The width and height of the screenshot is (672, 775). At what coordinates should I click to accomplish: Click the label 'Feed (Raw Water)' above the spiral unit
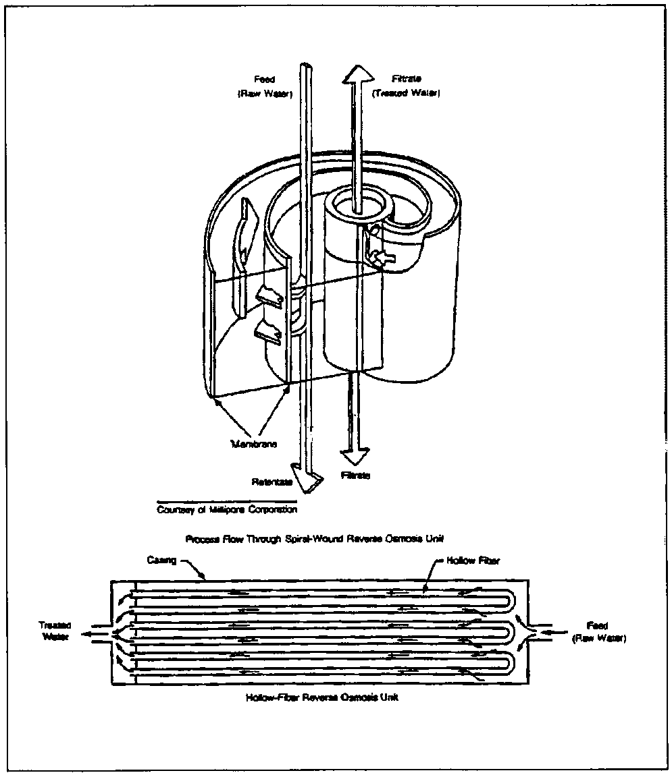tap(264, 86)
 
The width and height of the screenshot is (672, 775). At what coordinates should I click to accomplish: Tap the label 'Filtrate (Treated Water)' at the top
tap(405, 86)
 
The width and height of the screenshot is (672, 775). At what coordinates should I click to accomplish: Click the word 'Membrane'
tap(250, 444)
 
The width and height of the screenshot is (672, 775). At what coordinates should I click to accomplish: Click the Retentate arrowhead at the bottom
tap(305, 476)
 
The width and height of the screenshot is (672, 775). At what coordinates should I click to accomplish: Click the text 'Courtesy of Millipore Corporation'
tap(227, 509)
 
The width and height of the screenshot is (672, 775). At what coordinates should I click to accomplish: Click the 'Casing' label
tap(161, 561)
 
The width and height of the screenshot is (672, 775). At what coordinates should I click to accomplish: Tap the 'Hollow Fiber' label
tap(473, 561)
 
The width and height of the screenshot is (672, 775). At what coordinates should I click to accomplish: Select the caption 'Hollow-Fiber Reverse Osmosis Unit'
tap(321, 697)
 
